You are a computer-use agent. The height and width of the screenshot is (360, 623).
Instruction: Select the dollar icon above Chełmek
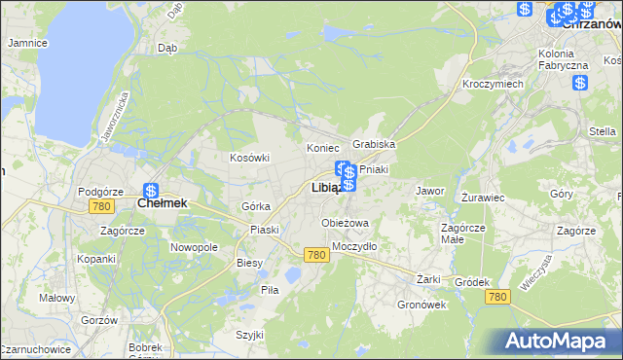[x=151, y=192]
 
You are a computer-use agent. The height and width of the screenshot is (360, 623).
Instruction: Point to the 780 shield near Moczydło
[x=314, y=254]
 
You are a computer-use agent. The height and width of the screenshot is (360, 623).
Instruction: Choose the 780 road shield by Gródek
[x=498, y=296]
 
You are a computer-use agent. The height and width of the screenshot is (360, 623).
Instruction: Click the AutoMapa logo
[x=559, y=341]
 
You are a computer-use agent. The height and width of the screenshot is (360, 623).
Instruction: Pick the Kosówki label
[x=248, y=158]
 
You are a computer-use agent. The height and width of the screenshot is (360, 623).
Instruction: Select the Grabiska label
[x=374, y=144]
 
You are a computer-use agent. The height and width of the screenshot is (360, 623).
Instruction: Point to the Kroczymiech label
[x=493, y=85]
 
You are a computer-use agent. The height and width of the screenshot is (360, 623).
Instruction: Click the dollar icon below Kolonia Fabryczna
[x=579, y=83]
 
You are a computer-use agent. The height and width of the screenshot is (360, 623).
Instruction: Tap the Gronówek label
[x=421, y=304]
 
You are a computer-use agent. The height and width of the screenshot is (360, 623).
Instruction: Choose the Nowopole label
[x=194, y=247]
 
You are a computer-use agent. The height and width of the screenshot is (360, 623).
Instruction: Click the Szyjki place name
[x=250, y=334]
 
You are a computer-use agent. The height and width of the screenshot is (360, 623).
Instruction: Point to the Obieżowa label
[x=346, y=223]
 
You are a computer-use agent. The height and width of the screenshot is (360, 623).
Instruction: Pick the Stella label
[x=603, y=131]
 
